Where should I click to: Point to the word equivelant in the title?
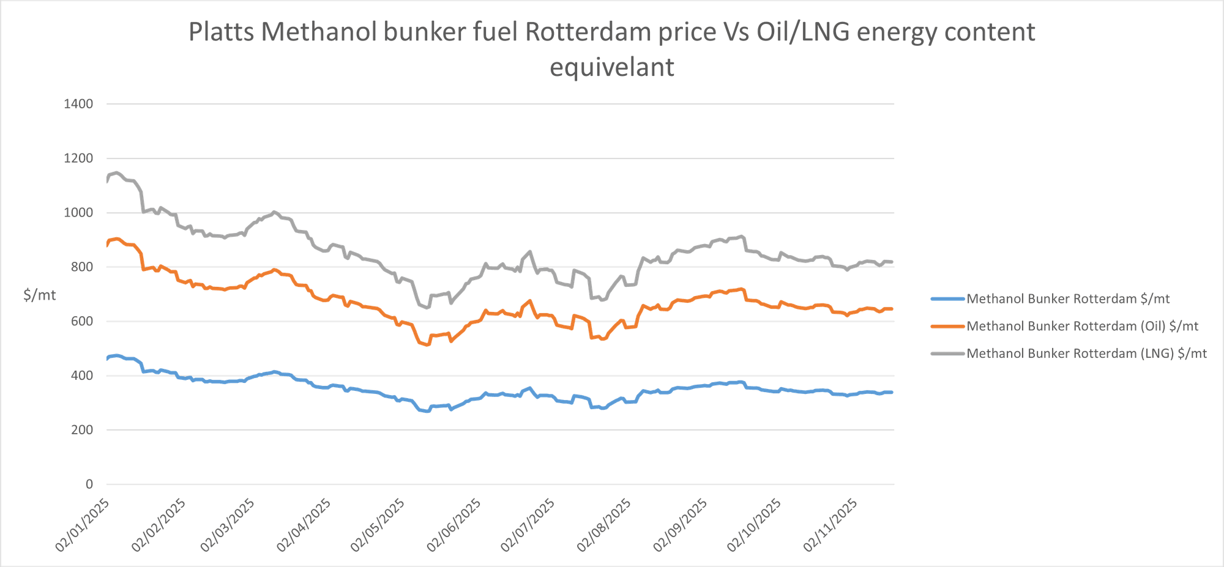(x=611, y=67)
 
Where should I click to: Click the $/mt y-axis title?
(x=40, y=295)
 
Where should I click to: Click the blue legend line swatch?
(x=947, y=299)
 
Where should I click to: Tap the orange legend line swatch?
(x=947, y=327)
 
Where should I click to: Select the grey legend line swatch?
(x=947, y=354)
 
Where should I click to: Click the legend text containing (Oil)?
(x=1083, y=327)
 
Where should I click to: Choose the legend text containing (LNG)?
(x=1086, y=354)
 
